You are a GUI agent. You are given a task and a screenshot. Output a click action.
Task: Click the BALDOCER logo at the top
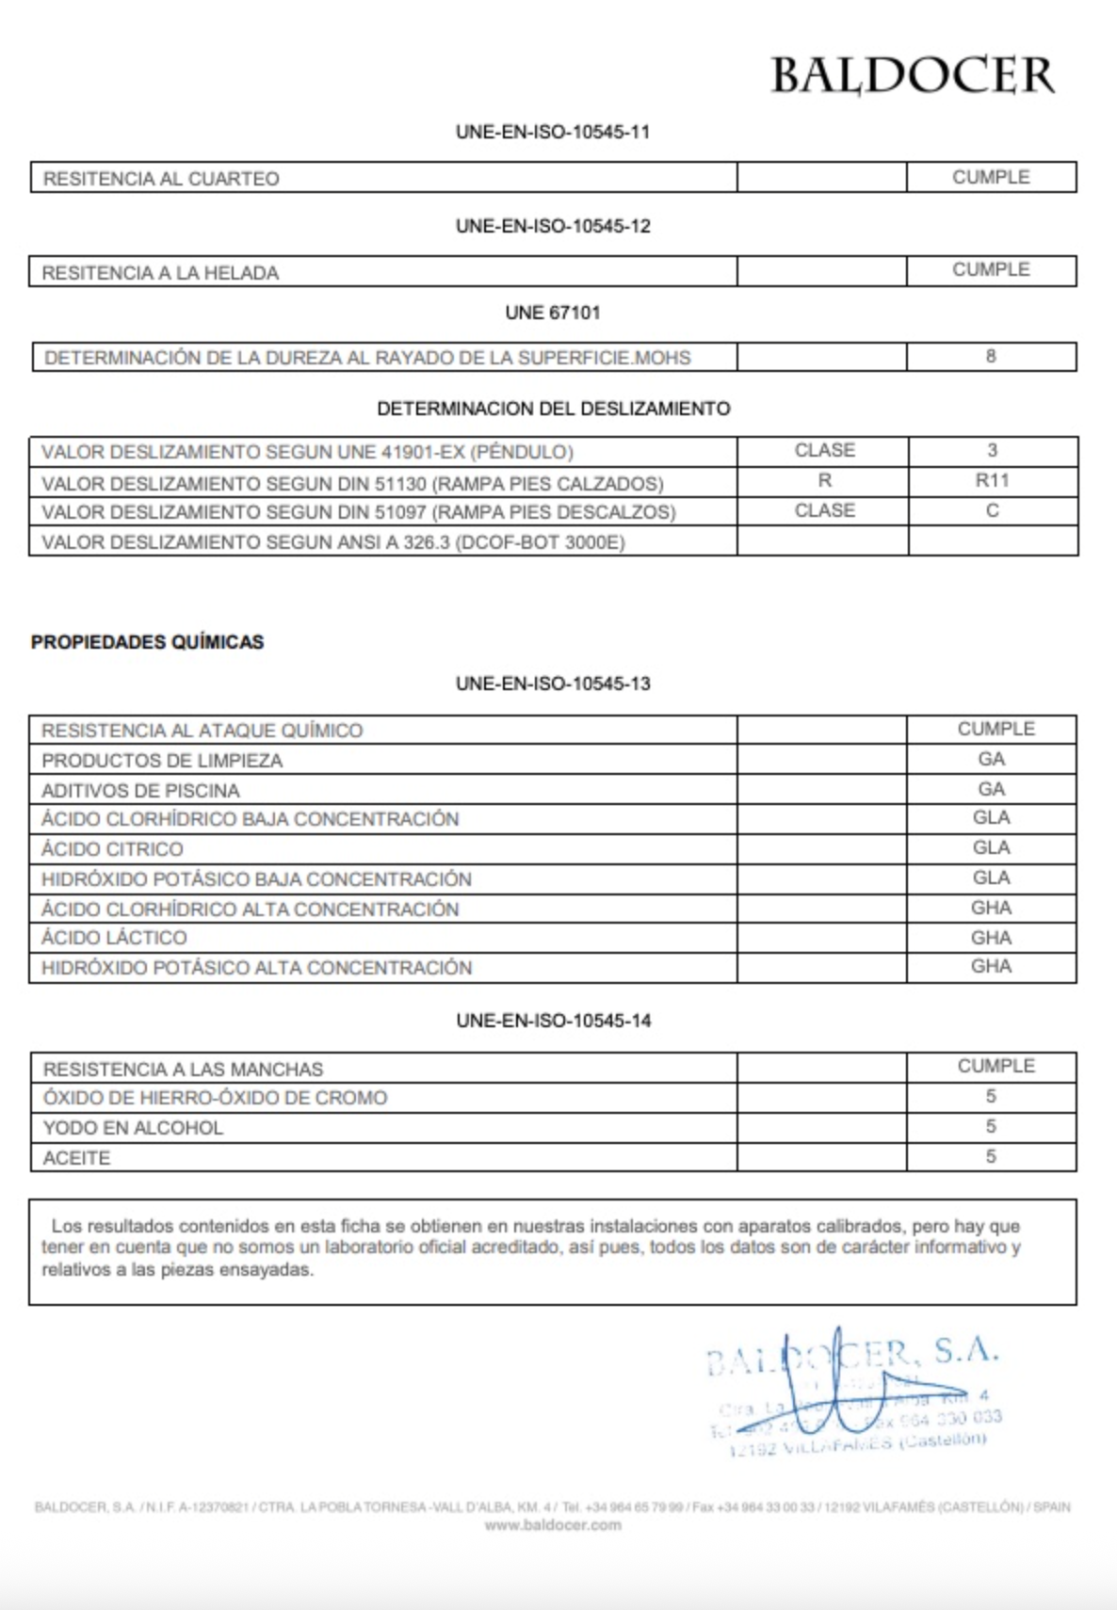[912, 75]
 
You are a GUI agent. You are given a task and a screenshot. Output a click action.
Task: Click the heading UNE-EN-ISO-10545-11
[553, 132]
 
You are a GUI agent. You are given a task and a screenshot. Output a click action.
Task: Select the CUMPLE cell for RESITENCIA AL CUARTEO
[991, 177]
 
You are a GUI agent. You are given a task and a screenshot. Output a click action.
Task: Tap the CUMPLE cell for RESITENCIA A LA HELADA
[991, 270]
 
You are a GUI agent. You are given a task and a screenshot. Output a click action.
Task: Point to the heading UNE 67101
[553, 313]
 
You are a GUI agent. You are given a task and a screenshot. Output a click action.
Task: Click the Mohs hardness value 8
[991, 356]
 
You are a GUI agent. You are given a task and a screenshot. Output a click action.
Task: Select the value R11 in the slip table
[992, 480]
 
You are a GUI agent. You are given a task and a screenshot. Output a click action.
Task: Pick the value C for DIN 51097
[992, 510]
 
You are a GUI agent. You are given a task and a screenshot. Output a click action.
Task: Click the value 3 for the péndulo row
[992, 450]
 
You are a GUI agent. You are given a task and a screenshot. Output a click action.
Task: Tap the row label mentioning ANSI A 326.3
[333, 542]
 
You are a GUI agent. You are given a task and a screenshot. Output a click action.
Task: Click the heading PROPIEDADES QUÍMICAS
[148, 642]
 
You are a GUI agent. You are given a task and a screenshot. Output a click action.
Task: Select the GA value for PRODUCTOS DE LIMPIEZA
[991, 759]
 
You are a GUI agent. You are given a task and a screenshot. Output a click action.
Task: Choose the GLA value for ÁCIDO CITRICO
[991, 847]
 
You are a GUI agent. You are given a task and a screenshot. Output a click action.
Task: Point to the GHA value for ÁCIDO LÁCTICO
[991, 938]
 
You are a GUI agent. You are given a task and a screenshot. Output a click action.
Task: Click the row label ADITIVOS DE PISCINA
[140, 791]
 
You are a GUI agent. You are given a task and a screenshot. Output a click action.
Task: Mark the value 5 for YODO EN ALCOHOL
[991, 1126]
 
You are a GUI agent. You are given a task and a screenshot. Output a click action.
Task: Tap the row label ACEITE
[76, 1158]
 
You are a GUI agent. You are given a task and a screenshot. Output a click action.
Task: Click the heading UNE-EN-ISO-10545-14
[553, 1021]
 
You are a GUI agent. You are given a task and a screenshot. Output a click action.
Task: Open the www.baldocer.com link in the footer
[553, 1525]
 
